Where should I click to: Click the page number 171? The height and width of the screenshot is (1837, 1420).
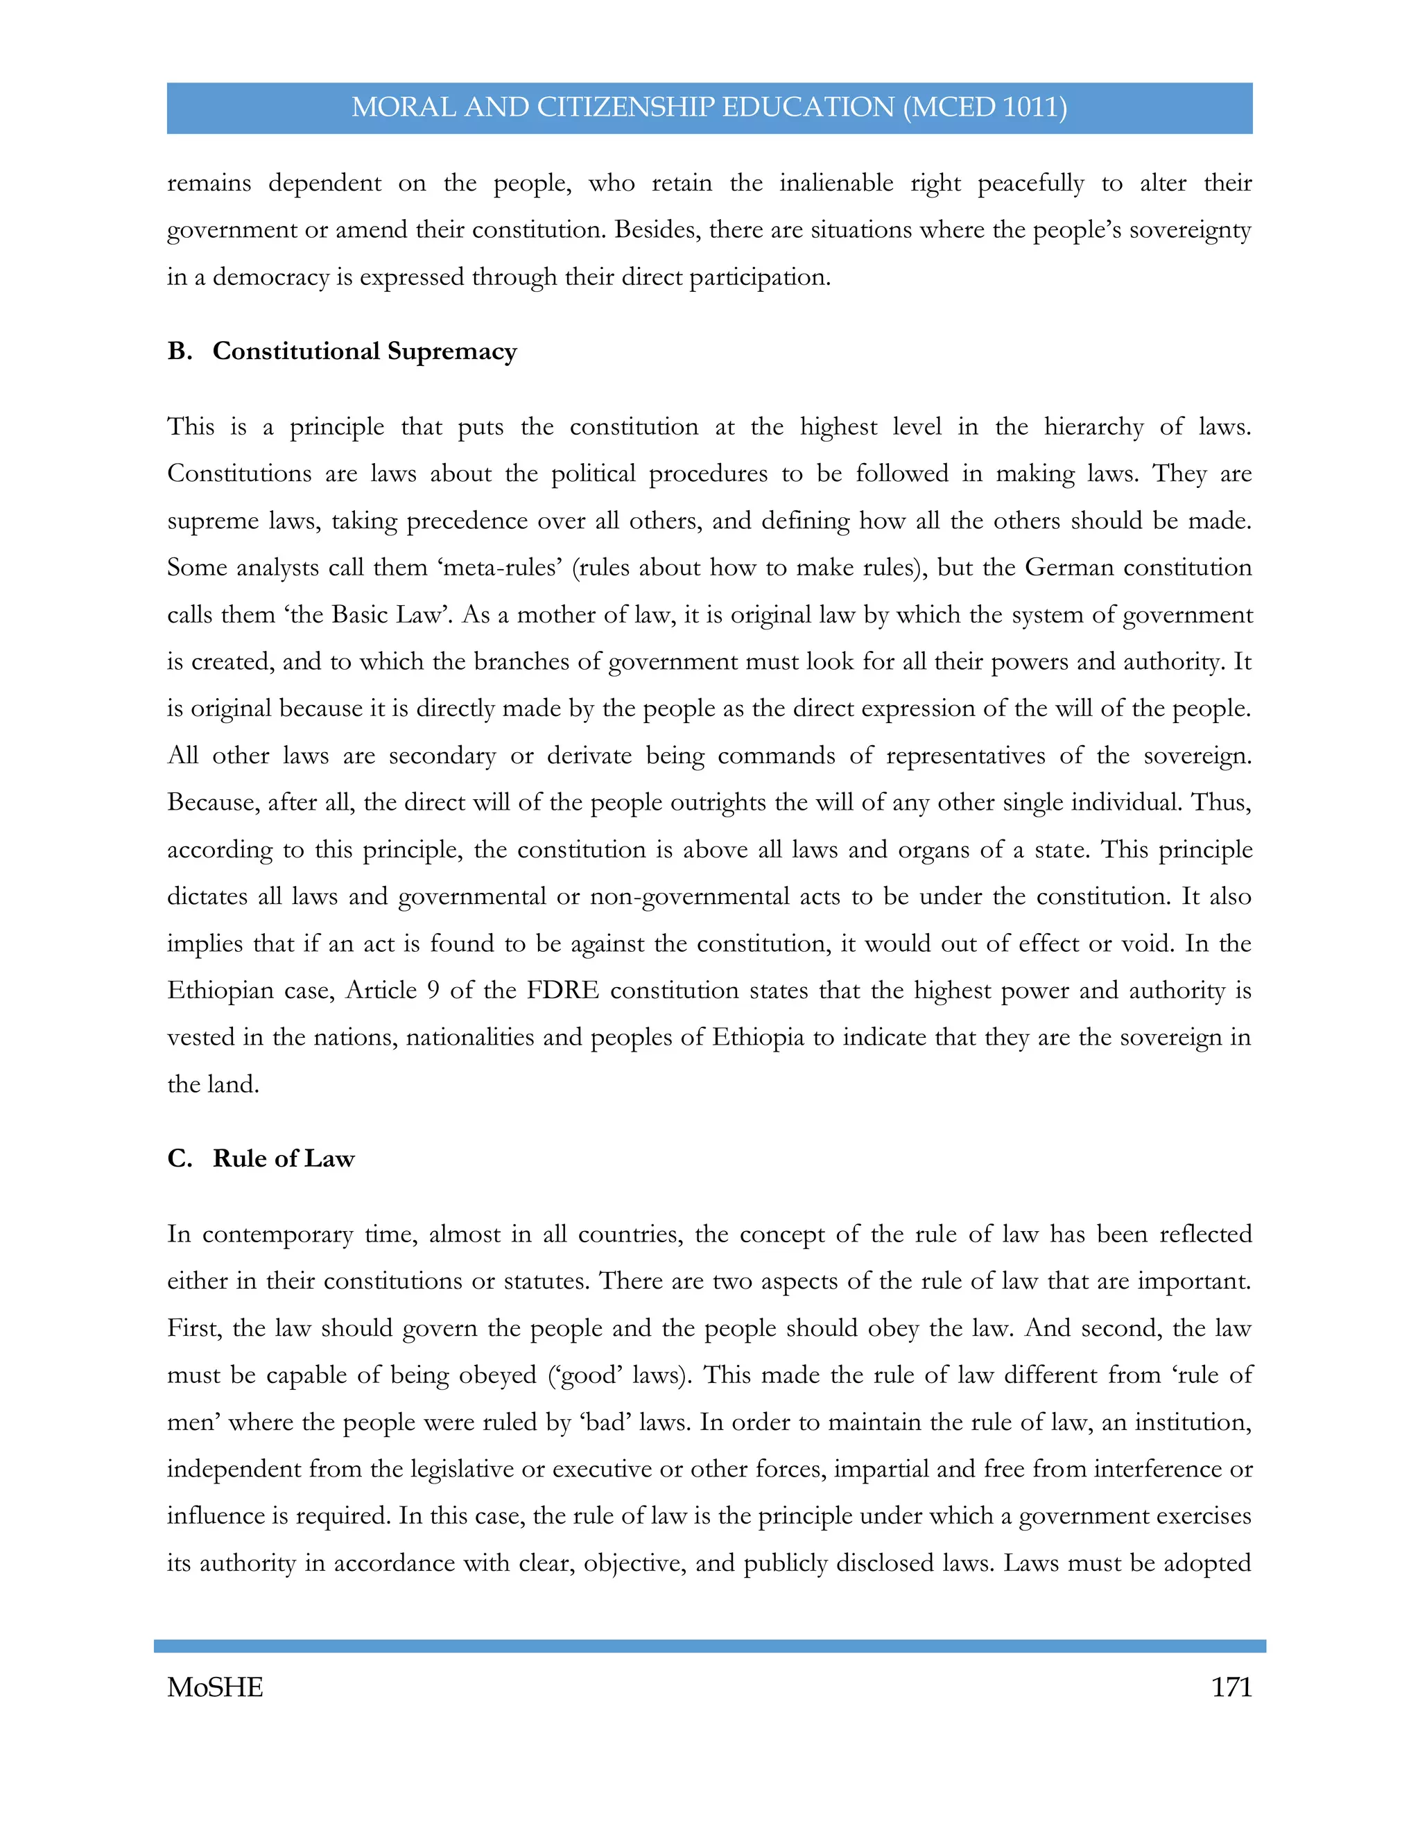(1231, 1687)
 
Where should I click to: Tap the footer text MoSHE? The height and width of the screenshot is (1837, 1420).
(216, 1687)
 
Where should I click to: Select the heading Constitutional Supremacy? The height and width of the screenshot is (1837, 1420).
(364, 351)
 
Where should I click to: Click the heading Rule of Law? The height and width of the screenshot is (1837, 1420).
(284, 1158)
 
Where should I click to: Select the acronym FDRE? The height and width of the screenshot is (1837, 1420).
(563, 990)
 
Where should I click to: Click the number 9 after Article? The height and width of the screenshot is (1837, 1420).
(433, 990)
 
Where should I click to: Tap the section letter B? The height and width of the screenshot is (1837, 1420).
(178, 351)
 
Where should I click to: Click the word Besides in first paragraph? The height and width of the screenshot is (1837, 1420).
(655, 229)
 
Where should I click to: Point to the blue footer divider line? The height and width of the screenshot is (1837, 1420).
(709, 1645)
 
